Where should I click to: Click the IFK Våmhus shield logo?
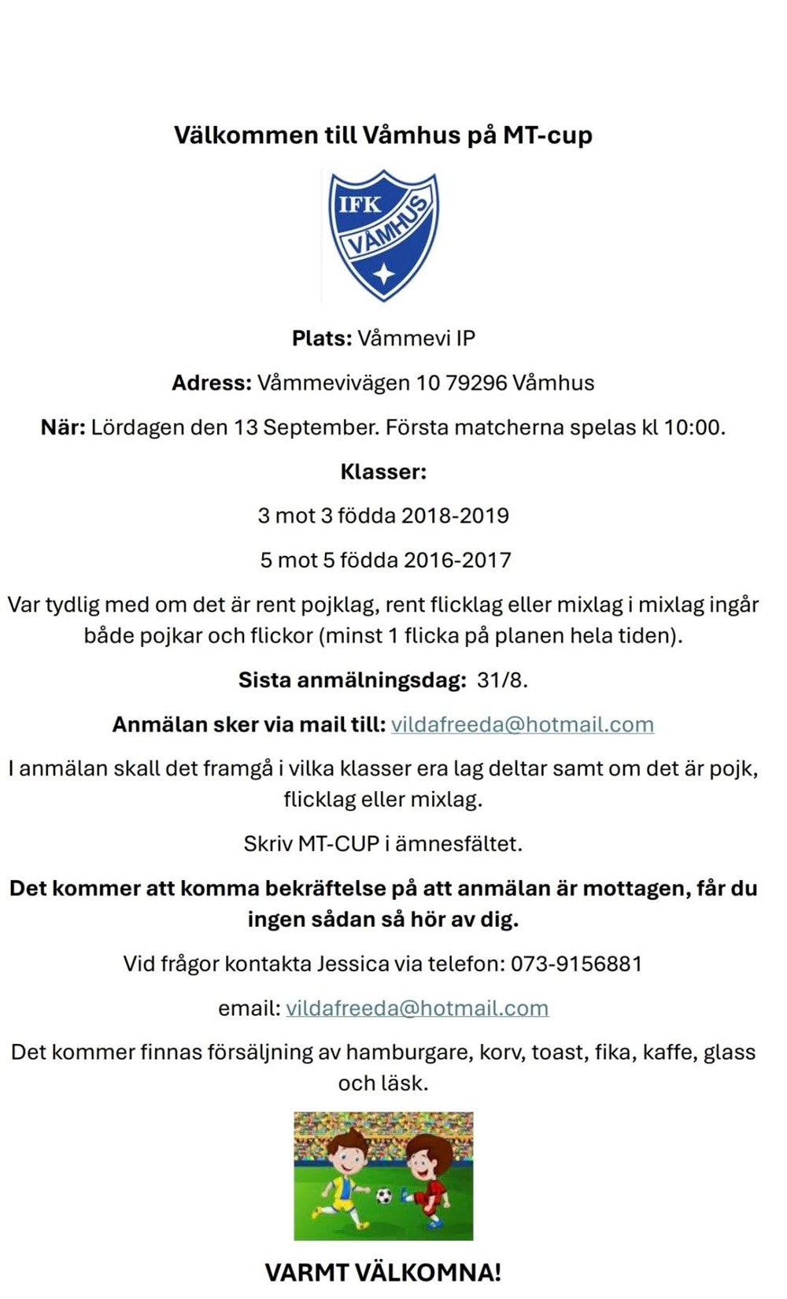click(383, 235)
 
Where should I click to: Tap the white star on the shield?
click(384, 273)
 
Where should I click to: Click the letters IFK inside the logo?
click(359, 205)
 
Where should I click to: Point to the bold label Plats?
click(322, 339)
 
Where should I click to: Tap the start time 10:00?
click(693, 427)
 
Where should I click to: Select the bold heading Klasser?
click(383, 472)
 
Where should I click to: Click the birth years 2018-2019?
click(455, 516)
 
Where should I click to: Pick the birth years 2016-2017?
click(457, 561)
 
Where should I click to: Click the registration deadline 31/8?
click(502, 680)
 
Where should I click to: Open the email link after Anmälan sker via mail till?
click(522, 725)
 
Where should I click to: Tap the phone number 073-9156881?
click(576, 964)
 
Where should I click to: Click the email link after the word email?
click(417, 1008)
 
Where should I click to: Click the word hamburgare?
click(409, 1053)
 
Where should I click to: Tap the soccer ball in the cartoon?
click(384, 1197)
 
